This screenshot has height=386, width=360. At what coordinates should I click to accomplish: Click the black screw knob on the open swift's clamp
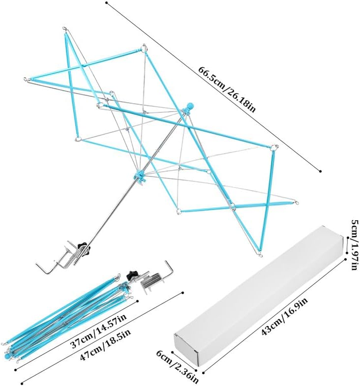82,245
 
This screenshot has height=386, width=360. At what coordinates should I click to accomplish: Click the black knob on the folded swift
132,273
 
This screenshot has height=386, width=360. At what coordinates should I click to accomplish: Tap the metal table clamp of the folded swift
153,280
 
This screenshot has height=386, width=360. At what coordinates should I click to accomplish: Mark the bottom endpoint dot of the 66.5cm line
320,171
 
